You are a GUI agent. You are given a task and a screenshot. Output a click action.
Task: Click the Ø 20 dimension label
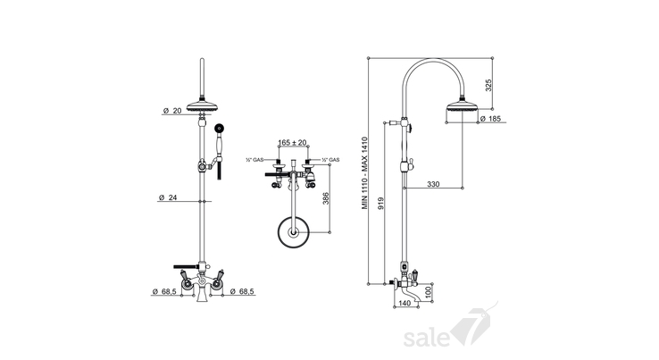[x=172, y=111]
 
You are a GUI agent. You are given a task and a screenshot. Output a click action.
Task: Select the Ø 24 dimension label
[x=168, y=197]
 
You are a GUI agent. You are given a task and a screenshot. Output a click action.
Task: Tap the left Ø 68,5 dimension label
[x=164, y=291]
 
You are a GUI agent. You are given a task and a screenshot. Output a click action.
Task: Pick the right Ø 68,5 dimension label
[x=242, y=291]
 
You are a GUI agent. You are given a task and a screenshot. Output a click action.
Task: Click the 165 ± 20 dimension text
[x=293, y=143]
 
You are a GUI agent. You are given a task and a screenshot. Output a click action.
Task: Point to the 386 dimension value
[x=326, y=198]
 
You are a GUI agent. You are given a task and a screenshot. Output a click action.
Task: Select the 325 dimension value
[x=488, y=85]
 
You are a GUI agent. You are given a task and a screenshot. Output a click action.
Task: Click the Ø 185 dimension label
[x=490, y=119]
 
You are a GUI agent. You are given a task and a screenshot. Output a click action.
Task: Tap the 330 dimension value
[x=433, y=184]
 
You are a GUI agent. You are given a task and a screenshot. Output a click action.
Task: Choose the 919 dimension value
[x=380, y=204]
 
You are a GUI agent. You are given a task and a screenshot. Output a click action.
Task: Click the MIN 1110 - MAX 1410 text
[x=365, y=173]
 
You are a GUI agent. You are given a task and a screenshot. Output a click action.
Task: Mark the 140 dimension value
[x=405, y=303]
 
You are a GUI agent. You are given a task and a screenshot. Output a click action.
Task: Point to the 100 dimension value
[x=429, y=293]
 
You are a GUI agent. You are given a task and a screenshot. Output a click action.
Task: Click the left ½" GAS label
[x=254, y=160]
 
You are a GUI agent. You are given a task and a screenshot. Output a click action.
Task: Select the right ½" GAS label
[x=330, y=160]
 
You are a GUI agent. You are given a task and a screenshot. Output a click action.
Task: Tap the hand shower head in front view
[x=219, y=128]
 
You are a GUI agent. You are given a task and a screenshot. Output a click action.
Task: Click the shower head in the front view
[x=204, y=105]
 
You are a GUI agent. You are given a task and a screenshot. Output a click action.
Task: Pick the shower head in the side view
[x=463, y=105]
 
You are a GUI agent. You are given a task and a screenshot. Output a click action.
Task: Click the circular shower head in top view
[x=294, y=231]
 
